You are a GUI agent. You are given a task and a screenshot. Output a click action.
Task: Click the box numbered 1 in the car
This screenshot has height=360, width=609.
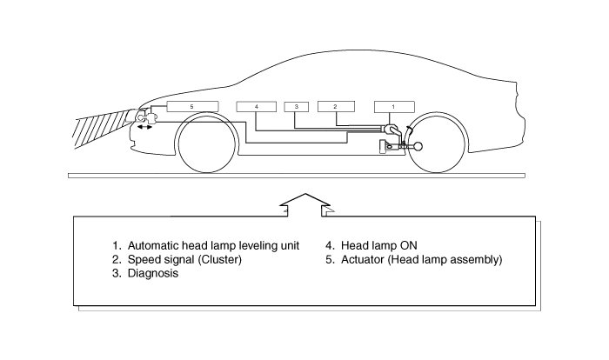click(x=394, y=107)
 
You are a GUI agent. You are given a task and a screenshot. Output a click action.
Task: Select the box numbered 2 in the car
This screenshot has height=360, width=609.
click(x=336, y=106)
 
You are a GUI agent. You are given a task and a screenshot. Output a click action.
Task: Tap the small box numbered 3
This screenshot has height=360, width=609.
click(x=297, y=106)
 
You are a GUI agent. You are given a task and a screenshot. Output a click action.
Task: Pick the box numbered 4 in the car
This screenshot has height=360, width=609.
click(x=257, y=106)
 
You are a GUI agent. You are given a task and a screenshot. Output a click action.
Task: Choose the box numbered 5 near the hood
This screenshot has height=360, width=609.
click(x=192, y=106)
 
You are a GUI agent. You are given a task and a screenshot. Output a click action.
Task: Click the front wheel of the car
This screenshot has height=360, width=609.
click(x=207, y=143)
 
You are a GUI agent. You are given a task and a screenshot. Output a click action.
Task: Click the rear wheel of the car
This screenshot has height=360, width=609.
click(x=437, y=143)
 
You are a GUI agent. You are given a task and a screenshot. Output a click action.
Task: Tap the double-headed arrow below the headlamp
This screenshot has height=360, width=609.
click(x=144, y=127)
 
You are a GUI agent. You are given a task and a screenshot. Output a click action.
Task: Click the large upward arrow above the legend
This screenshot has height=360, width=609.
click(x=305, y=204)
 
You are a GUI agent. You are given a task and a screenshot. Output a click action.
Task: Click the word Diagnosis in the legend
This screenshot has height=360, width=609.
click(x=153, y=273)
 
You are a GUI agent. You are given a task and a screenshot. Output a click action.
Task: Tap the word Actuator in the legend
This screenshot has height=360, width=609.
click(x=363, y=259)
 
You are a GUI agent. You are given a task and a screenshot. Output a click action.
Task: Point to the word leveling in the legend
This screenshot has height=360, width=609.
click(x=256, y=246)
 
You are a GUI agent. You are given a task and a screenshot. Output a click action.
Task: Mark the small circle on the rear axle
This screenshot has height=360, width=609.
click(x=418, y=146)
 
